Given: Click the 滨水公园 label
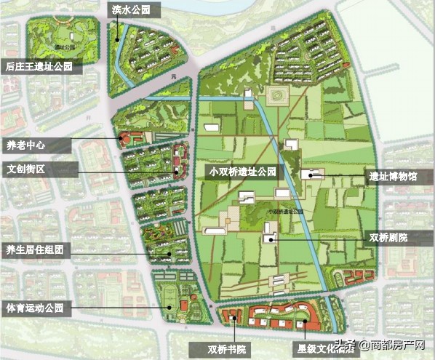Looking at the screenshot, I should (x=130, y=10).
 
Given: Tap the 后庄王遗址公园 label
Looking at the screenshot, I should (x=40, y=66).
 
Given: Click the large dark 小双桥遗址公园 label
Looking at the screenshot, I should (x=243, y=172).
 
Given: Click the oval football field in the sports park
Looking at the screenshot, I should (x=169, y=299).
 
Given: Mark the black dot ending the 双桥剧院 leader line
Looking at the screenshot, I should (x=271, y=238).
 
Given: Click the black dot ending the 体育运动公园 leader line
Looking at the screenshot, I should (x=169, y=308).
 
